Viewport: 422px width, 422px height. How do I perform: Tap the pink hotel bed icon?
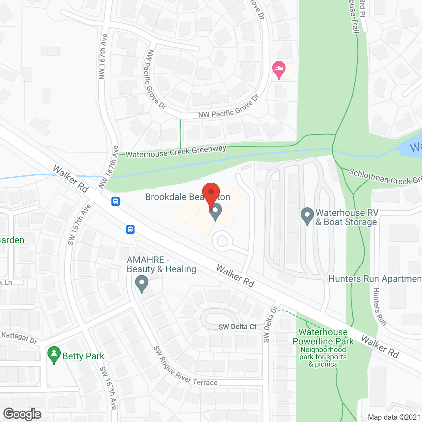pos(279,69)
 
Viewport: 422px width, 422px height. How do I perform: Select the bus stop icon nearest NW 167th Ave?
pos(116,201)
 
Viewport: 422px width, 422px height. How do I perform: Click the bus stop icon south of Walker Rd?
pos(130,229)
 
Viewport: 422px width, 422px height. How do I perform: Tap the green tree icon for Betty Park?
pos(54,355)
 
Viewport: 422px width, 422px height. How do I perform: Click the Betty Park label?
pos(83,356)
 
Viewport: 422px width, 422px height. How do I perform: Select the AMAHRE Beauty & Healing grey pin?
pos(142,284)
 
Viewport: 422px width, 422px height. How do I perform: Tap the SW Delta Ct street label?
pos(237,327)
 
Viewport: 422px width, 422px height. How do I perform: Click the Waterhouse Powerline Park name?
pos(323,337)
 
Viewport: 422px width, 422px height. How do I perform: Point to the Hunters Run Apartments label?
pos(375,279)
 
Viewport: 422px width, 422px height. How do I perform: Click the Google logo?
pos(22,414)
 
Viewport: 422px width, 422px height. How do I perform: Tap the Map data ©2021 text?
pos(394,417)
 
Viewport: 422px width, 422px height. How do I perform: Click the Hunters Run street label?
pos(379,307)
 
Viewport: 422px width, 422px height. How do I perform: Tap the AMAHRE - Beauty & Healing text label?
pos(162,265)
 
